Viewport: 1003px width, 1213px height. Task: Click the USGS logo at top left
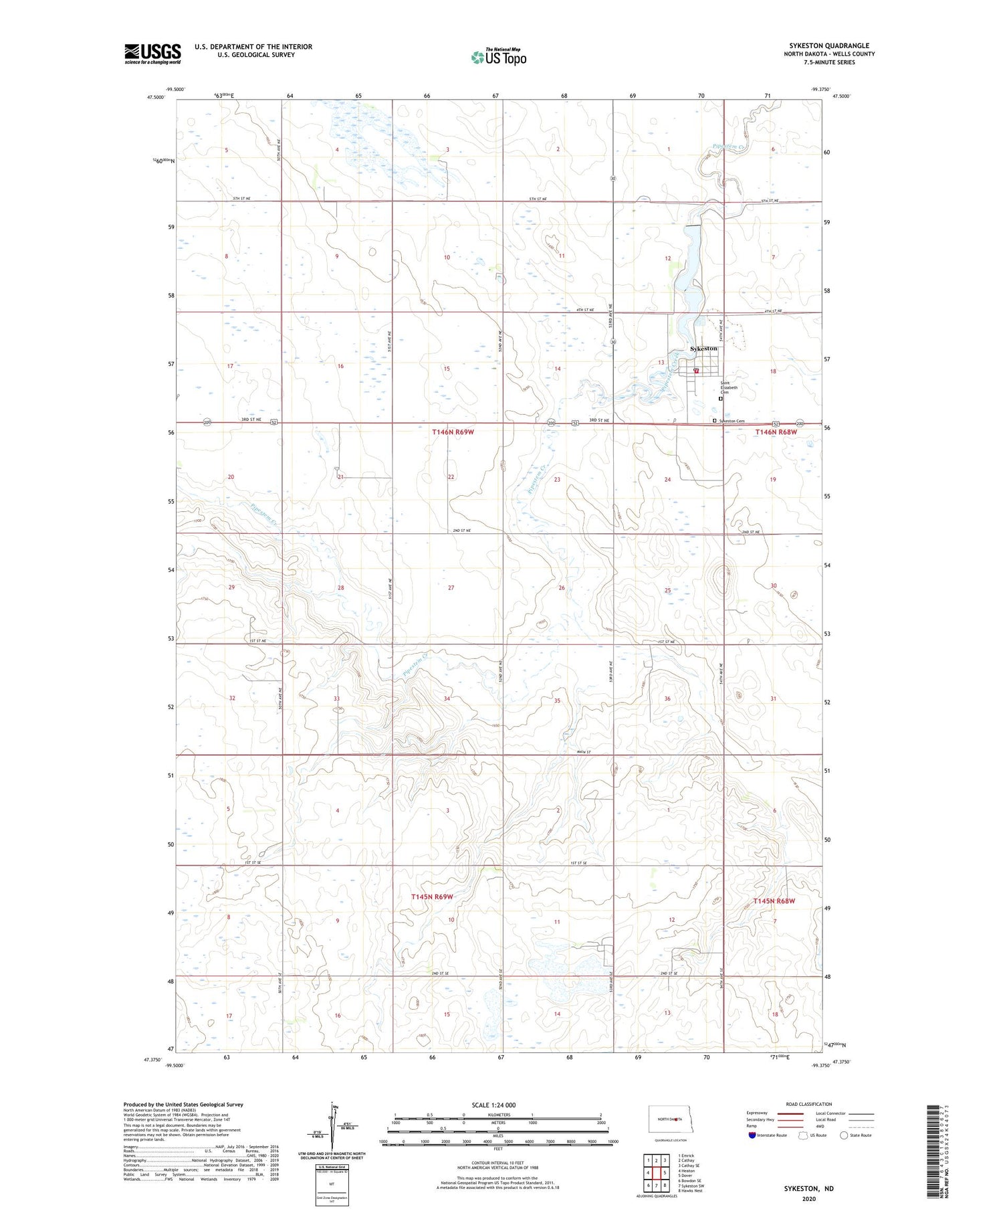click(x=152, y=54)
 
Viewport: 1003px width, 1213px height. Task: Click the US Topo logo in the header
click(x=498, y=58)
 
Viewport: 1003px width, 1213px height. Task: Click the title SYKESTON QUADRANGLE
click(x=828, y=45)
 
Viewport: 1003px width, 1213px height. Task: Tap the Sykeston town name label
click(x=703, y=349)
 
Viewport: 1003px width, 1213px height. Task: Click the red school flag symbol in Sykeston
click(x=696, y=371)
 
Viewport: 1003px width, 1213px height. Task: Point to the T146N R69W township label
click(x=453, y=432)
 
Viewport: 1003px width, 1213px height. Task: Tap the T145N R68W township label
click(x=774, y=901)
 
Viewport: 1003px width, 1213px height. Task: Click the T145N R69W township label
click(x=432, y=897)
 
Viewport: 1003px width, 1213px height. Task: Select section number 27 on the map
click(x=451, y=587)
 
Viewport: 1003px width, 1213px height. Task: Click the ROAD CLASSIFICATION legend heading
click(x=808, y=1104)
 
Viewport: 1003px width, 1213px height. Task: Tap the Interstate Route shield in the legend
click(x=752, y=1135)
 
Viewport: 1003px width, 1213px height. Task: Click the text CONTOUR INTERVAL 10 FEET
click(x=497, y=1163)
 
